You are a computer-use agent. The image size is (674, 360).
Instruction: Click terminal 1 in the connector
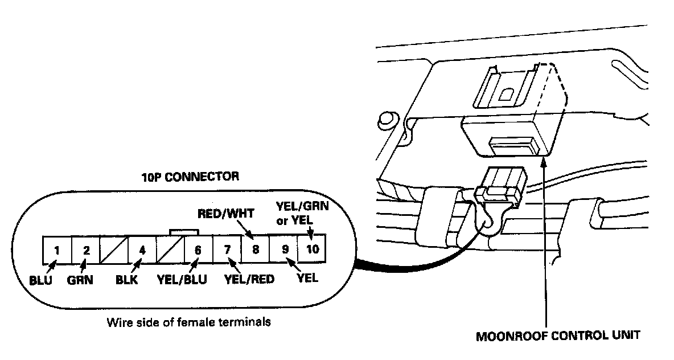click(x=57, y=249)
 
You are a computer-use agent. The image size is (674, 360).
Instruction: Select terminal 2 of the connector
click(x=86, y=249)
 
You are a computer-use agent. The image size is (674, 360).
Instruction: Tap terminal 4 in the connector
click(x=142, y=249)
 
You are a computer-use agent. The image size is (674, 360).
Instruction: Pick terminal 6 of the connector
click(x=198, y=249)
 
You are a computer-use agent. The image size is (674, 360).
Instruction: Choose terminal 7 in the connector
click(x=227, y=249)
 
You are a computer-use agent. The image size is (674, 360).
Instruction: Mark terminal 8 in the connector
click(x=255, y=249)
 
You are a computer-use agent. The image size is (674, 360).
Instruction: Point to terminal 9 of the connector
click(x=283, y=249)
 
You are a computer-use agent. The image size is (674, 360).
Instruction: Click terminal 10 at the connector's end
click(x=312, y=249)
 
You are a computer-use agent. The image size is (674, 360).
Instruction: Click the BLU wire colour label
click(x=40, y=280)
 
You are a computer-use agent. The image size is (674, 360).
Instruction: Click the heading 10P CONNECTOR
click(x=190, y=177)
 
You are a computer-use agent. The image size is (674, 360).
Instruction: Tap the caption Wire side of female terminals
click(x=188, y=322)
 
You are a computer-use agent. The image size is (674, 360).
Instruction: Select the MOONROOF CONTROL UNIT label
click(x=558, y=335)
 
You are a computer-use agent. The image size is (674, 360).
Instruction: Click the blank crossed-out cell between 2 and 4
click(x=114, y=249)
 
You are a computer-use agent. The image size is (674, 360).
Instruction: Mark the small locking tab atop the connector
click(x=184, y=232)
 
